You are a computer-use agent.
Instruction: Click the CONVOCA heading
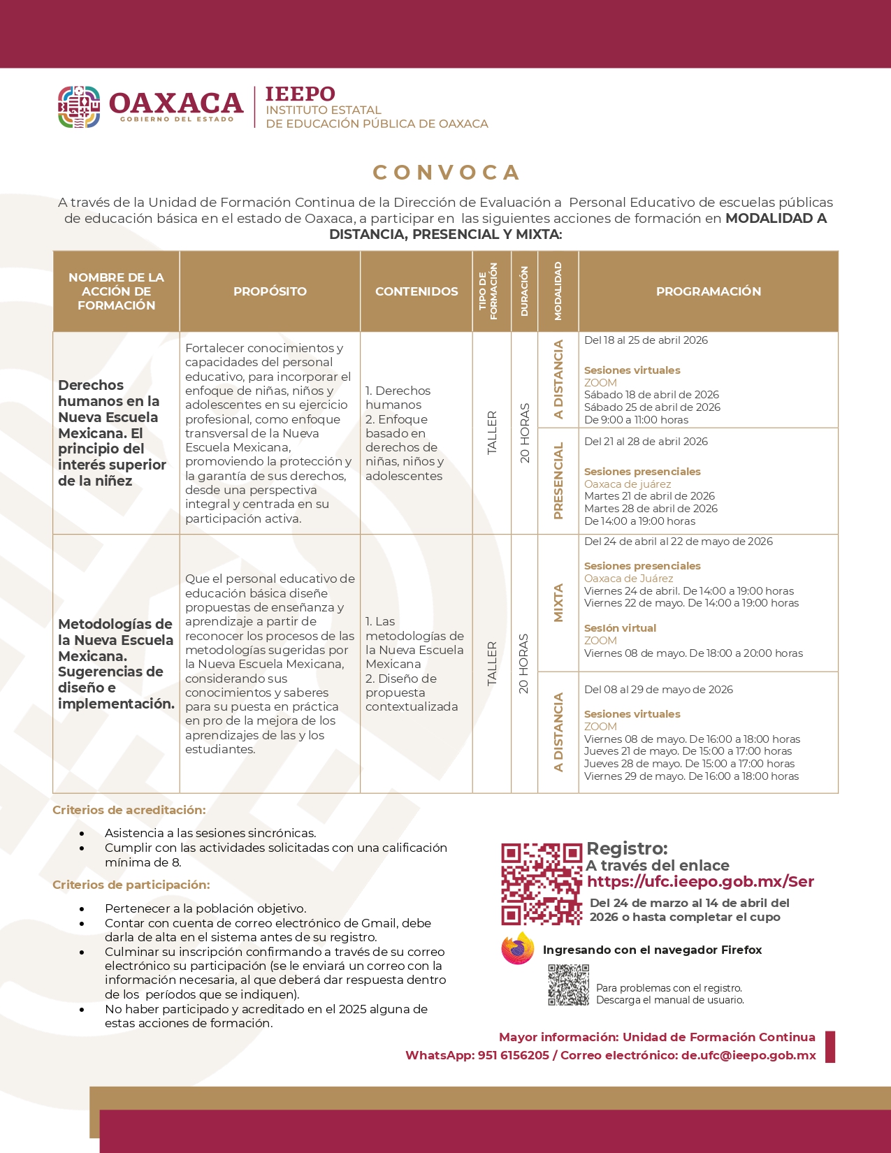pos(446,173)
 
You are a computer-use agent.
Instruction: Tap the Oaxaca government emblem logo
pos(79,107)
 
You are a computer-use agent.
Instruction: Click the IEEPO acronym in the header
pos(300,94)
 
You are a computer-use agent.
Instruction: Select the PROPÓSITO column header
pos(270,291)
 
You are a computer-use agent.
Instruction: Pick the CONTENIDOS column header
pos(416,291)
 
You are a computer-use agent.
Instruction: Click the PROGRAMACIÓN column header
pos(708,291)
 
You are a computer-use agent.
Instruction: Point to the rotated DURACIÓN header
pos(524,291)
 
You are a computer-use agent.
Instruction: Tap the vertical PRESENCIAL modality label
pos(558,481)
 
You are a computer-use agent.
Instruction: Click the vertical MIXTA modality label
pos(558,602)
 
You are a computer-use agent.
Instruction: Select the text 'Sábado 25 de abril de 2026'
pos(652,407)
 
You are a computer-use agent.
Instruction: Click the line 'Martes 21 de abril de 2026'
pos(649,496)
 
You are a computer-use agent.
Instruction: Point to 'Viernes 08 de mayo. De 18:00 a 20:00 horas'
pos(693,653)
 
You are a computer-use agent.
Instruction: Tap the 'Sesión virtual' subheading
pos(620,628)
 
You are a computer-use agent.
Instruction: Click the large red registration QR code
pos(541,884)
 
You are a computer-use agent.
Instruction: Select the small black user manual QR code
pos(568,985)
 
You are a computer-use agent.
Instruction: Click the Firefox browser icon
pos(517,949)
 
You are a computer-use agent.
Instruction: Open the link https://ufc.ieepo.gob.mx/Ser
pos(700,882)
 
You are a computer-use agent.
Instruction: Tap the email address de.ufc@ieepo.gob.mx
pos(748,1055)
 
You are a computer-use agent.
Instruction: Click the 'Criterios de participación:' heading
pos(131,885)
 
